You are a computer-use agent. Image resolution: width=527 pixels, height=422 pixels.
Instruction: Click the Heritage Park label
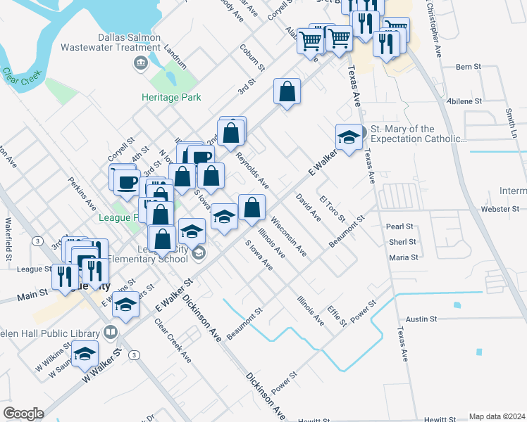(x=171, y=97)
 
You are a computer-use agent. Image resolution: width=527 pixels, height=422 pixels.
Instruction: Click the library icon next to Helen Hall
(x=110, y=331)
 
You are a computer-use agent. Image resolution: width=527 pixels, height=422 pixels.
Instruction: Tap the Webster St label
(x=502, y=209)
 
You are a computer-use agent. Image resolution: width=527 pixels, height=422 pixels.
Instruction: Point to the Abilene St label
(x=464, y=101)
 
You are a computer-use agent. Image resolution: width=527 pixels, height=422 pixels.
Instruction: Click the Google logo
(x=23, y=414)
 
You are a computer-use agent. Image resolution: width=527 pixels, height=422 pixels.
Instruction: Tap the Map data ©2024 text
(x=497, y=416)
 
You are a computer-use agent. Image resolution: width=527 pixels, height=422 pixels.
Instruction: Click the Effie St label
(x=337, y=316)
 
